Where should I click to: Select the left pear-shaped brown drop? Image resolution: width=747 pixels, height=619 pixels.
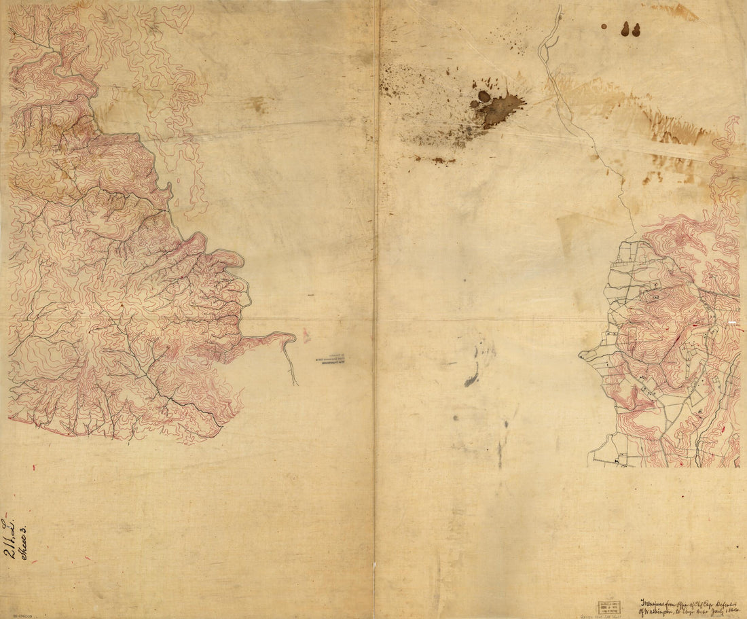pyautogui.click(x=625, y=29)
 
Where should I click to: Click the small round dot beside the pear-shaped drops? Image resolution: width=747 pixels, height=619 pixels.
pyautogui.click(x=604, y=26)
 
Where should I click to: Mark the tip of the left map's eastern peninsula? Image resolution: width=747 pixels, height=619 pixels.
pyautogui.click(x=294, y=336)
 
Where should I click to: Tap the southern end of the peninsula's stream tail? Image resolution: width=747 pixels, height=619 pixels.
pyautogui.click(x=297, y=384)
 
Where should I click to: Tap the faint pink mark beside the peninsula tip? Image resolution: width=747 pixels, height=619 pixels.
pyautogui.click(x=306, y=334)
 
